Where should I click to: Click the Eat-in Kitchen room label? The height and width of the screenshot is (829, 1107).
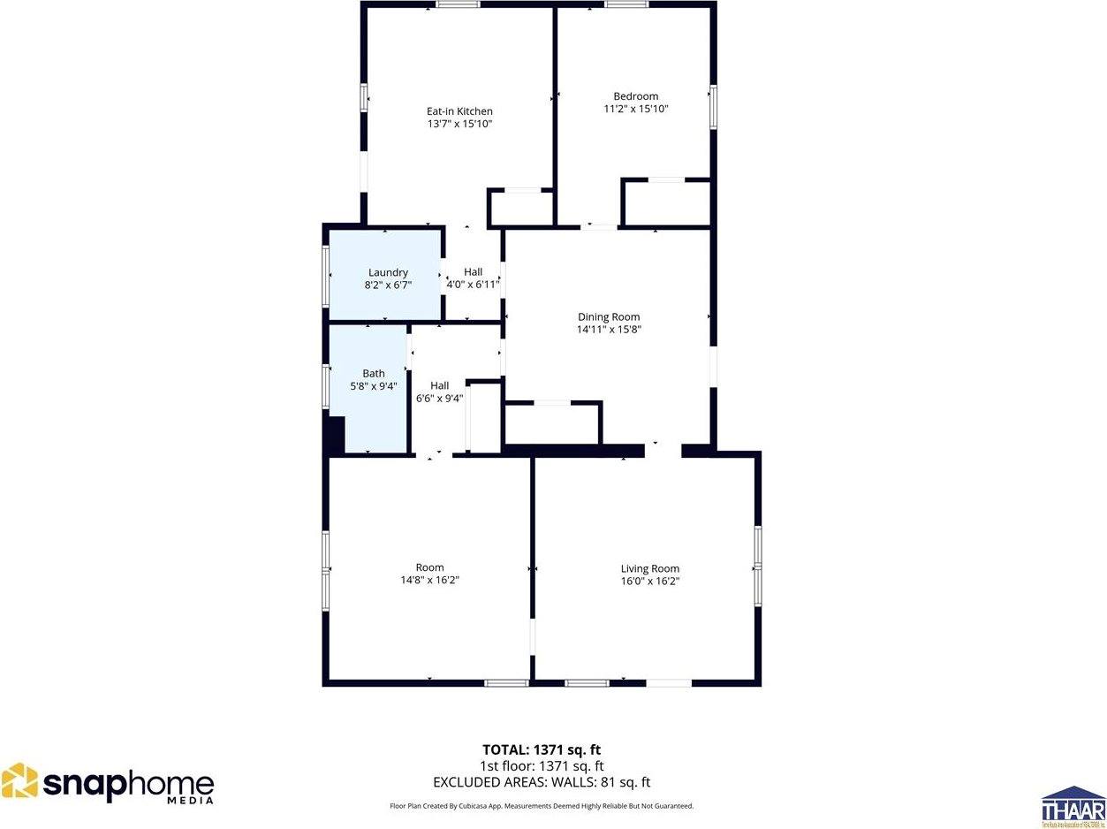coord(459,111)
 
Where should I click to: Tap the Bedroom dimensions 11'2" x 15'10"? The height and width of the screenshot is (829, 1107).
coord(635,110)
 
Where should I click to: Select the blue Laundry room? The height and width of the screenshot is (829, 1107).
coord(386,274)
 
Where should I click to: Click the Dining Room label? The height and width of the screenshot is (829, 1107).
coord(609,316)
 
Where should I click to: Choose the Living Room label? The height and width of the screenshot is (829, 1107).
coord(649,568)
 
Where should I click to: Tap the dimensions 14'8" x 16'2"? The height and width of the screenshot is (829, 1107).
coord(429,581)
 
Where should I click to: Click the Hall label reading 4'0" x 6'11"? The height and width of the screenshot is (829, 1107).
coord(474,285)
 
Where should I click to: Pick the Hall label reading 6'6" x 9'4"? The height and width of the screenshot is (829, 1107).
coord(439,399)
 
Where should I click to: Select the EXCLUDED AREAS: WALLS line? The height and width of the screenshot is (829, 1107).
coord(542,782)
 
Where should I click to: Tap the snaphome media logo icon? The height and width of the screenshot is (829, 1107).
coord(19,782)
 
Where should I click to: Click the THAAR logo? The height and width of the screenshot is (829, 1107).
coord(1073,805)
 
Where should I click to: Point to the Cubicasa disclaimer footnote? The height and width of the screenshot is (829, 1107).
coord(542,806)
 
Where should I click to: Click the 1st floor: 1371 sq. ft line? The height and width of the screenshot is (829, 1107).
coord(542,766)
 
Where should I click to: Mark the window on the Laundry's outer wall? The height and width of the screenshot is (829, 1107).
coord(326,275)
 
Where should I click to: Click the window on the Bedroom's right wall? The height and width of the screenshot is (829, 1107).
coord(713,107)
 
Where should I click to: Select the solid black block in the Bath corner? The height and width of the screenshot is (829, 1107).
coord(335,434)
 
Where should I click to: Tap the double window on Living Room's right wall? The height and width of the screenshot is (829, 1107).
coord(758,567)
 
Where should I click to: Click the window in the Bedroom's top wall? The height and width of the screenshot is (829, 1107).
coord(626,4)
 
